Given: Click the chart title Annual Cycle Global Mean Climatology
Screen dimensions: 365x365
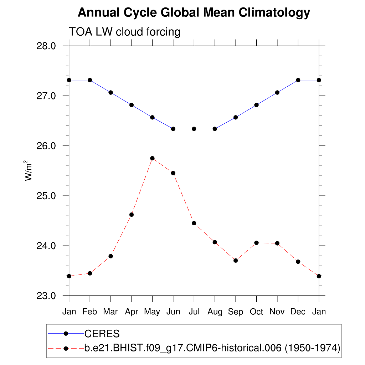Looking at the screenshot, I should [194, 13].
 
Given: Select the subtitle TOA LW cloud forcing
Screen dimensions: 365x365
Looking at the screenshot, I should [125, 32].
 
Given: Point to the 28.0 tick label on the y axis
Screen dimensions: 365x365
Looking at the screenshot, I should [46, 46].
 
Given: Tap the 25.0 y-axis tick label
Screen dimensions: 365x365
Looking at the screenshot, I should [46, 196].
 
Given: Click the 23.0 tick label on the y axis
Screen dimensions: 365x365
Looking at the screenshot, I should [46, 296].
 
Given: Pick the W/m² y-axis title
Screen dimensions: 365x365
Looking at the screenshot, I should [29, 171].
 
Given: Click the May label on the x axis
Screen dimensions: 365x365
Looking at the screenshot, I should [152, 312].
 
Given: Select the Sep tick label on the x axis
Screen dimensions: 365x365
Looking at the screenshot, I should [236, 312].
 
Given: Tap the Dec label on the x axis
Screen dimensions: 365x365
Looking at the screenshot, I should [298, 312].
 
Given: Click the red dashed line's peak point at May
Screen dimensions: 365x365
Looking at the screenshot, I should [152, 158].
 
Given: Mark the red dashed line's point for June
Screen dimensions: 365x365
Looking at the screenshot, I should [173, 173].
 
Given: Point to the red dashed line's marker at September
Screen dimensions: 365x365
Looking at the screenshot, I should [236, 261].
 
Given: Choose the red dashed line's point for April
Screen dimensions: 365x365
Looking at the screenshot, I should [132, 215].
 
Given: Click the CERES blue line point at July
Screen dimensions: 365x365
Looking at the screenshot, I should [194, 129].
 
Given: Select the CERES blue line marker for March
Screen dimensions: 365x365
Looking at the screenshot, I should [110, 93].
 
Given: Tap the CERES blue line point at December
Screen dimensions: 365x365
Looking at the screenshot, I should [298, 80].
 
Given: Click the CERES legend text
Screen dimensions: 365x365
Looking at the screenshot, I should [102, 334].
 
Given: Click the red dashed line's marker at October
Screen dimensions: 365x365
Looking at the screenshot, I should [256, 243].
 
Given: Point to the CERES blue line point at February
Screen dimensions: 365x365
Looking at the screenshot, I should [90, 80].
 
